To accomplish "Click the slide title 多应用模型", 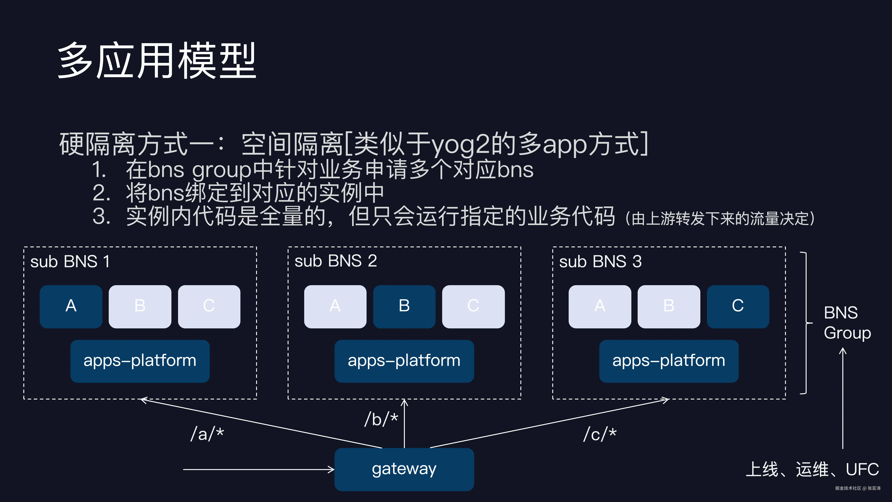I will click(x=156, y=61).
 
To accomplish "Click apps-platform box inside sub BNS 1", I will click(x=140, y=361).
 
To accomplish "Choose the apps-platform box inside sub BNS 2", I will click(x=404, y=361).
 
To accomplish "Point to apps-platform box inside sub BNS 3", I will click(x=669, y=361).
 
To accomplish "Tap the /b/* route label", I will click(x=381, y=419).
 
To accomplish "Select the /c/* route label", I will click(x=600, y=434).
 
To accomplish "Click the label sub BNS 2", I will click(x=336, y=261).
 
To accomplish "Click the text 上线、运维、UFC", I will click(x=812, y=469).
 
